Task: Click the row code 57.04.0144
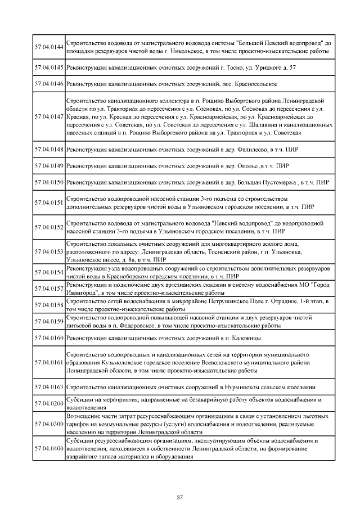point(49,47)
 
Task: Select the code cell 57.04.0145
point(49,68)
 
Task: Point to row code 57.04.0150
point(49,183)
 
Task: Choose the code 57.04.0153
point(49,251)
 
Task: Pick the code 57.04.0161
point(49,363)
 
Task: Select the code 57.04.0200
point(49,404)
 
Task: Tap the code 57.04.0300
point(49,423)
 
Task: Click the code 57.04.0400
point(49,449)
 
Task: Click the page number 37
point(180,497)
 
